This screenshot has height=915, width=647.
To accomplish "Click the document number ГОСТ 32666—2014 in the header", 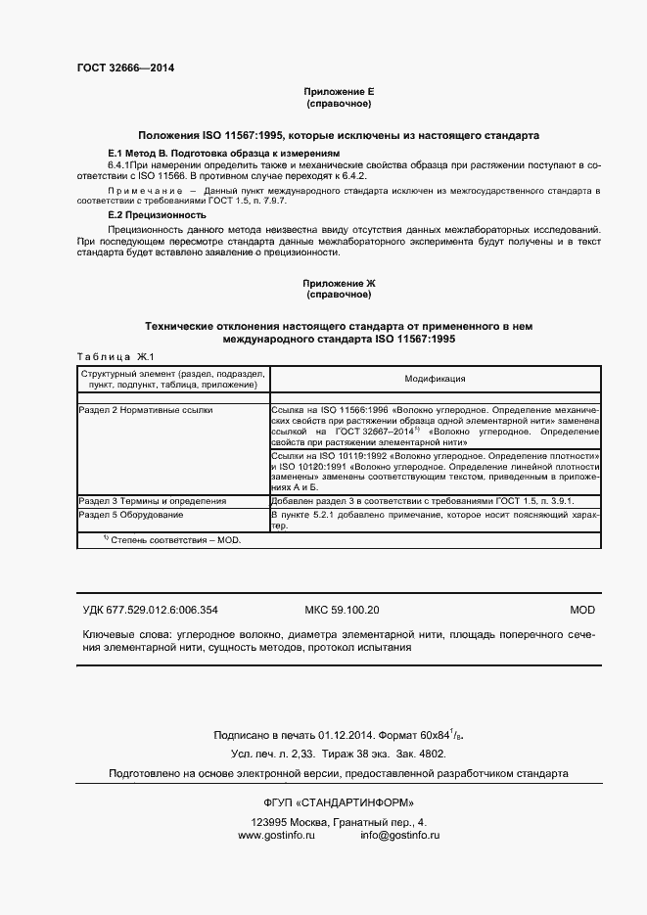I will tap(126, 68).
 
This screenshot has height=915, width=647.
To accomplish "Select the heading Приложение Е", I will tap(339, 91).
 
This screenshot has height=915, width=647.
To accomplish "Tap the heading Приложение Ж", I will tap(339, 283).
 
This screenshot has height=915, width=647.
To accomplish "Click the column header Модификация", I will tap(435, 379).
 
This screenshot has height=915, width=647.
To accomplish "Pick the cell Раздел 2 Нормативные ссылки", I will tap(145, 411).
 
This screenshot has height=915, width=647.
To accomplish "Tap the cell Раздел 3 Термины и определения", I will tap(152, 501).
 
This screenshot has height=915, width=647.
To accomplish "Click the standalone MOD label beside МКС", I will tap(582, 609).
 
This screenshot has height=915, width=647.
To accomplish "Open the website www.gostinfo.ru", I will tap(276, 835).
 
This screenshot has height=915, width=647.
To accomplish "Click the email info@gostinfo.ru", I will tap(399, 835).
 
